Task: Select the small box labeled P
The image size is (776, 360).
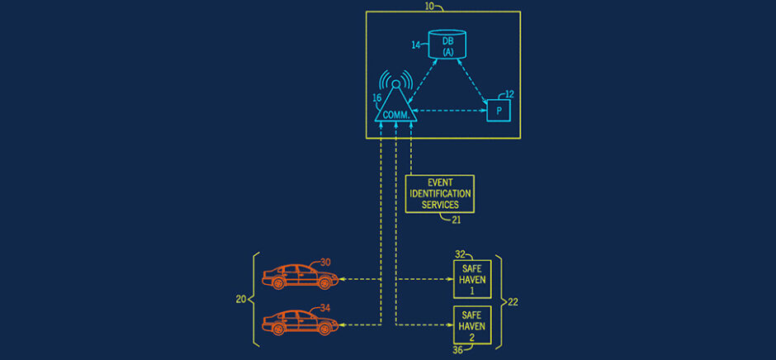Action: click(498, 110)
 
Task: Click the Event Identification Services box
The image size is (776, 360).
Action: click(440, 193)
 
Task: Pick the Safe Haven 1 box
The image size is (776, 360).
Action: click(472, 280)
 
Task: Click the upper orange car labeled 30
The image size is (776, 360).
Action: click(297, 276)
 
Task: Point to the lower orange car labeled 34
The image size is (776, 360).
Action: click(297, 321)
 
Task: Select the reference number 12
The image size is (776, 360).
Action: click(509, 94)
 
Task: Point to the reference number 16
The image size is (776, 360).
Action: click(376, 97)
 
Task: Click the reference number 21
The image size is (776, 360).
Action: click(457, 219)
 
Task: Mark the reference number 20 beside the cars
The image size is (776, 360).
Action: click(241, 300)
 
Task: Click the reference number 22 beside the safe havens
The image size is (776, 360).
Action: click(513, 302)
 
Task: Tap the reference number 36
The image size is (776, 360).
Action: click(457, 351)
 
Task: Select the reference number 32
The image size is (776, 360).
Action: click(461, 255)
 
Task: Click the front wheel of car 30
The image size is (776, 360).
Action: click(324, 283)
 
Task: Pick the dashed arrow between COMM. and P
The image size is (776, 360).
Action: click(450, 110)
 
